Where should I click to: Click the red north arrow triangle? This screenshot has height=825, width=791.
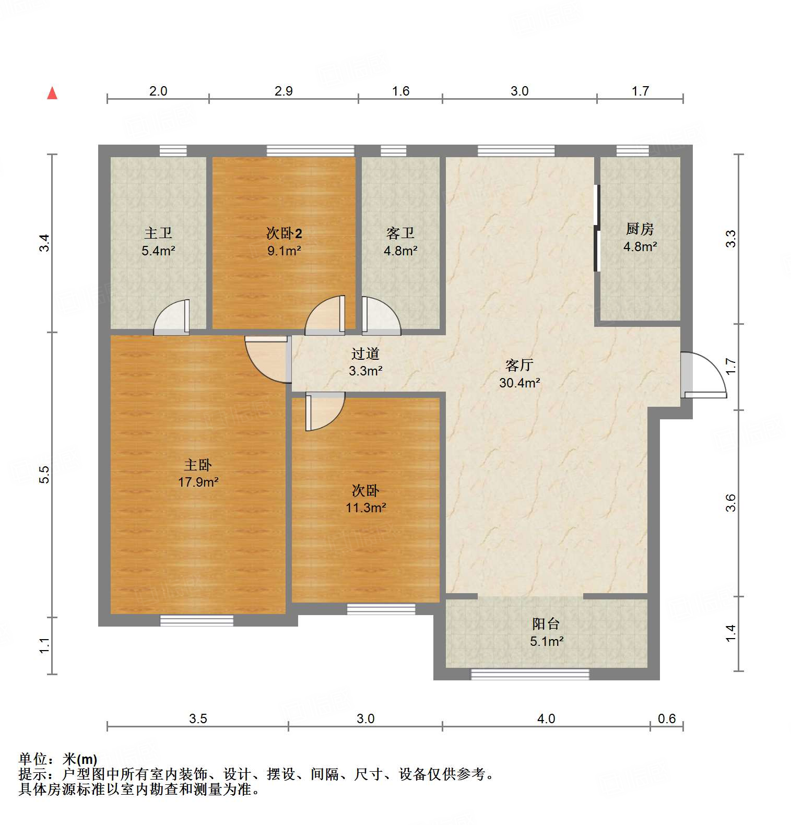coord(52,93)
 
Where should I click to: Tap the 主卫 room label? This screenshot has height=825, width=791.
coord(158,233)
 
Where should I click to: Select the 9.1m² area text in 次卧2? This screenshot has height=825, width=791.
coord(284,251)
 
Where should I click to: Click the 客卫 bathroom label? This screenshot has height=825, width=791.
coord(400,233)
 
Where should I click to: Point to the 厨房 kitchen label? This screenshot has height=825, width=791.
coord(640,229)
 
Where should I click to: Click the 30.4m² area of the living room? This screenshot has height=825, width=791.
coord(520,383)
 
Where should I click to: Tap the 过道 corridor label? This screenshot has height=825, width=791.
coord(365,354)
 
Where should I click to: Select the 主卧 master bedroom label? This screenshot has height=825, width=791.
coord(198,465)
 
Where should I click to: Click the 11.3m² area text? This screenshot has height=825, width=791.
coord(365,508)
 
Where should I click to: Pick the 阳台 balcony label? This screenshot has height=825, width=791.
coord(546,623)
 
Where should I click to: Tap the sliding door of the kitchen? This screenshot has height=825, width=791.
coord(597,228)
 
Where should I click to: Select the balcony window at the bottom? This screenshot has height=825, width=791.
coord(530,674)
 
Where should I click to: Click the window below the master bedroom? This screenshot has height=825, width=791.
coord(197,621)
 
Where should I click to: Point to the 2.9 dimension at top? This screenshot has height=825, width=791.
coord(284,91)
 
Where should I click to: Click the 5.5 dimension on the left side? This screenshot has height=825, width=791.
coord(45,474)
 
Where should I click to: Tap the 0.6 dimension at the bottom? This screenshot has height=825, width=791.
coord(667,718)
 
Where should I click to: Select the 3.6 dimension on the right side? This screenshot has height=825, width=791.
coord(731,503)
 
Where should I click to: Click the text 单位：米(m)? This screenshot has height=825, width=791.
coord(58,759)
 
